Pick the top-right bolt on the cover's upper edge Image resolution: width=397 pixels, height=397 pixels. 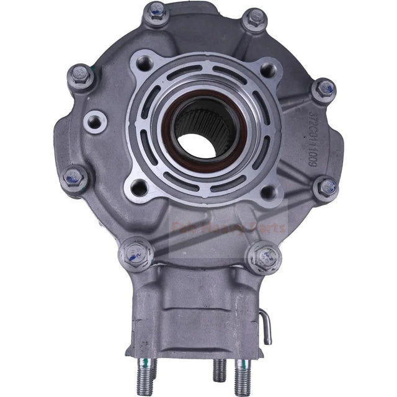(x=254, y=20)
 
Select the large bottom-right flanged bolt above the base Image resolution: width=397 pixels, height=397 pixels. (x=262, y=253)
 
